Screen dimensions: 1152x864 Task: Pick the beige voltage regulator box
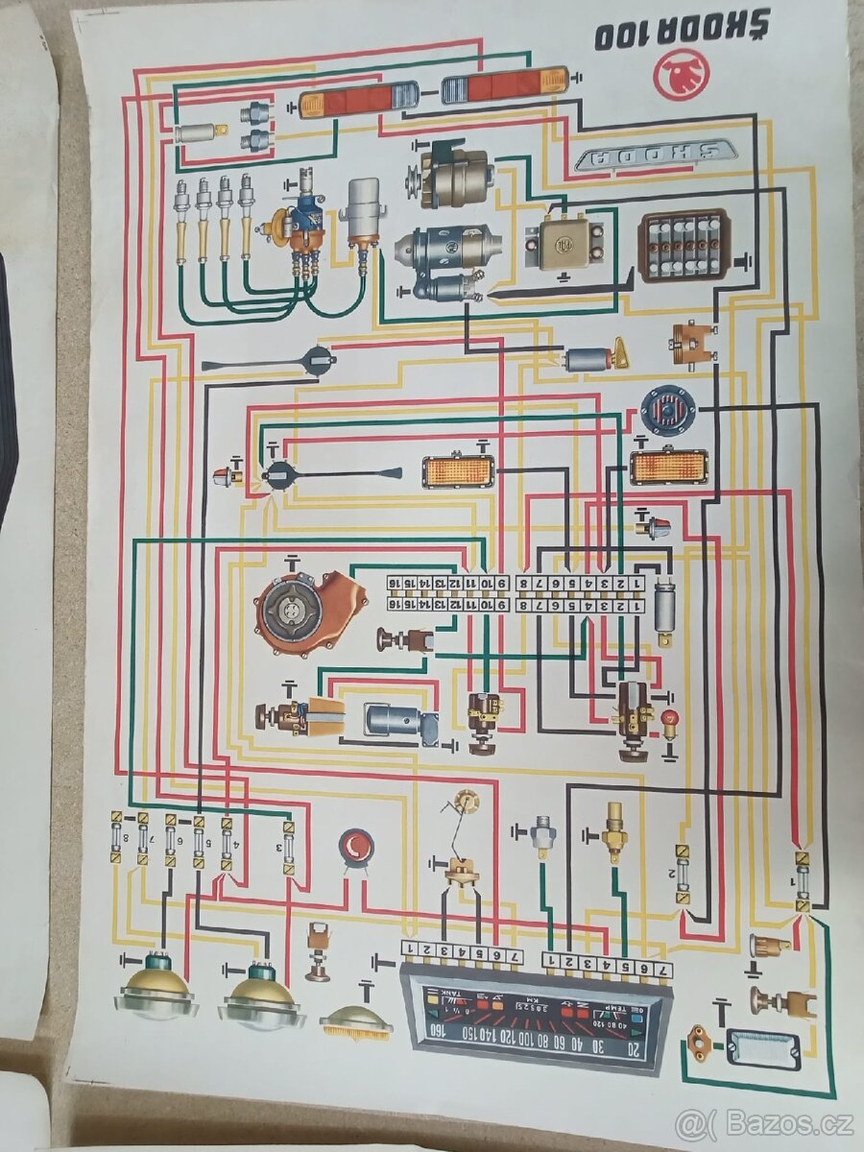(564, 239)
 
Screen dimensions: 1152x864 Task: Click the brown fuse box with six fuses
(684, 246)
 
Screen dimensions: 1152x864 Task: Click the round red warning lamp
(357, 847)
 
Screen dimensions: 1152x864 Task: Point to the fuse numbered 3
(288, 846)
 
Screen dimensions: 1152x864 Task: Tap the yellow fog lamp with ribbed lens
(356, 1023)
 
